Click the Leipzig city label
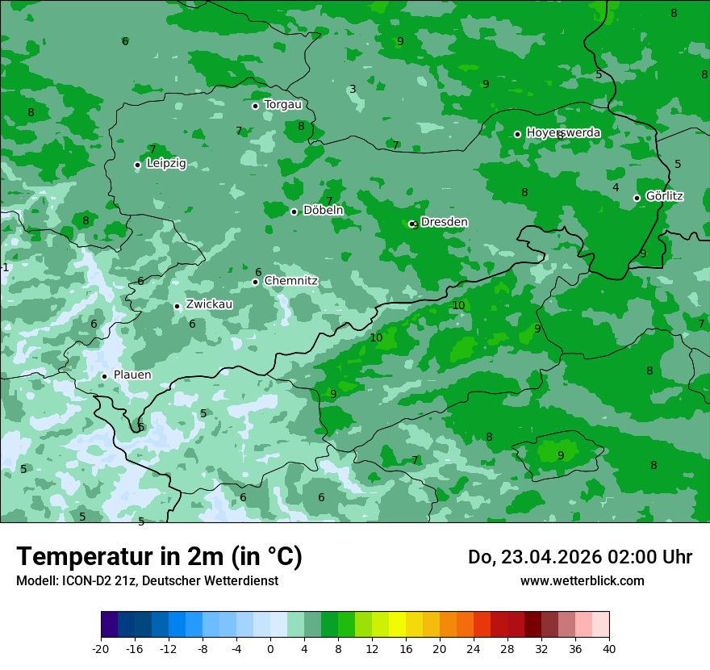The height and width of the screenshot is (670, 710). [166, 163]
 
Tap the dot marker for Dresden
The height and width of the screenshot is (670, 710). [412, 224]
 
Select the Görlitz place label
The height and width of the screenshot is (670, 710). [665, 196]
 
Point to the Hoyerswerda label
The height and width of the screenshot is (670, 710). [563, 132]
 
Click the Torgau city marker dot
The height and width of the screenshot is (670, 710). [255, 106]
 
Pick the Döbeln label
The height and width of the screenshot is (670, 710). [323, 211]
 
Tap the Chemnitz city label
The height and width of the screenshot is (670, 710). [290, 281]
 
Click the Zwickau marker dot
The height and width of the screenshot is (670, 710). [177, 306]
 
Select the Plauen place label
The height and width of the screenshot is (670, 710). [132, 375]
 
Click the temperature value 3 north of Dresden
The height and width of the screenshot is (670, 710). [353, 90]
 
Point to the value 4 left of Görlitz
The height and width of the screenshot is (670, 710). [616, 187]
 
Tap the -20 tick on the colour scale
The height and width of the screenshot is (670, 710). [101, 648]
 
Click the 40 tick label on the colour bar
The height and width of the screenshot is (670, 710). [609, 648]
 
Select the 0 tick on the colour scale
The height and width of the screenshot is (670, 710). [270, 648]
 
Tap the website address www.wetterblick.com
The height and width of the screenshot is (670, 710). [582, 580]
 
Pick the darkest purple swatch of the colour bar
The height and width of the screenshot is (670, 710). [110, 625]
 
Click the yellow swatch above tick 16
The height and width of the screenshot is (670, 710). [397, 625]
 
